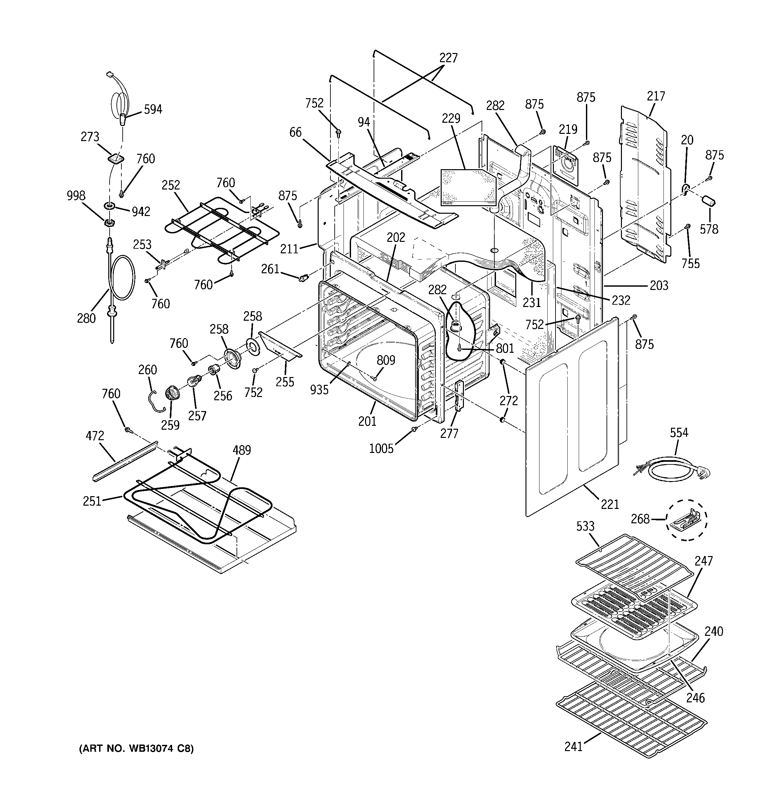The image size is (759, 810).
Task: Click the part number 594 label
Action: pos(153,109)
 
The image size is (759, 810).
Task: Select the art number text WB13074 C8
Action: pos(136,748)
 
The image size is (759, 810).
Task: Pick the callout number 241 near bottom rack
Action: pos(574,747)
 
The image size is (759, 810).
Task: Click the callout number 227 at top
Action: pos(448,58)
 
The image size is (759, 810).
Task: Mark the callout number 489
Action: pos(241,450)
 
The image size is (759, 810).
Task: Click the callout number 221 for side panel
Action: pos(610,504)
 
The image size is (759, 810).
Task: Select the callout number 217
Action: pos(656,96)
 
